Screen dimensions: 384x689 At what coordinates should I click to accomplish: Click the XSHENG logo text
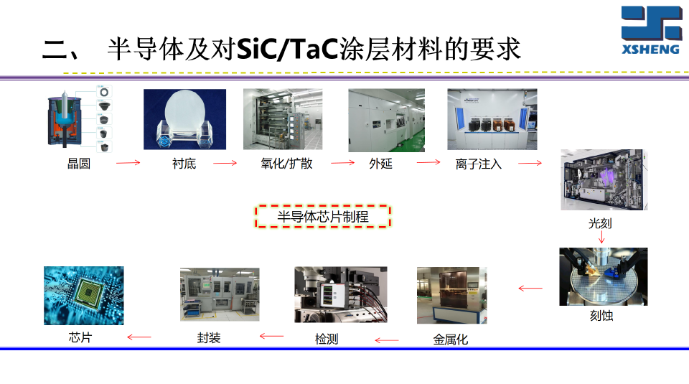click(x=652, y=50)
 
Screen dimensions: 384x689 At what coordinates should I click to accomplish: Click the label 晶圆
click(x=79, y=164)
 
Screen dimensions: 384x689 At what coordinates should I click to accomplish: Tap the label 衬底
click(x=184, y=164)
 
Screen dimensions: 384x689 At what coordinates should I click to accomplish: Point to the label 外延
click(x=380, y=164)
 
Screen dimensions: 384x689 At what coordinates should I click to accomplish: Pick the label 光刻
click(x=600, y=224)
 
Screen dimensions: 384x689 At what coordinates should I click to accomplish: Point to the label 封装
click(x=209, y=337)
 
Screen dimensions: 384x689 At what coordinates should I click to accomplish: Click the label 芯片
click(x=80, y=337)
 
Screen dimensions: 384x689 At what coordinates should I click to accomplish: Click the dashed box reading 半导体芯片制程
click(x=323, y=216)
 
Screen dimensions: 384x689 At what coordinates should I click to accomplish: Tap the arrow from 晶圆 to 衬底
click(x=128, y=163)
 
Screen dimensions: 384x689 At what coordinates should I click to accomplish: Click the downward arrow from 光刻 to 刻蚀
click(x=601, y=237)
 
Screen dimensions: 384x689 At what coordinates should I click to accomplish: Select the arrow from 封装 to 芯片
click(x=139, y=337)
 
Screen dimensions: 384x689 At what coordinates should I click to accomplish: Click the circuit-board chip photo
click(x=83, y=295)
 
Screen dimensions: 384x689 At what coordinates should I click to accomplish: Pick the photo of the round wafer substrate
click(x=184, y=119)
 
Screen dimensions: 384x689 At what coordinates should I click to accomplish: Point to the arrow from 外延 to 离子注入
click(x=428, y=162)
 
